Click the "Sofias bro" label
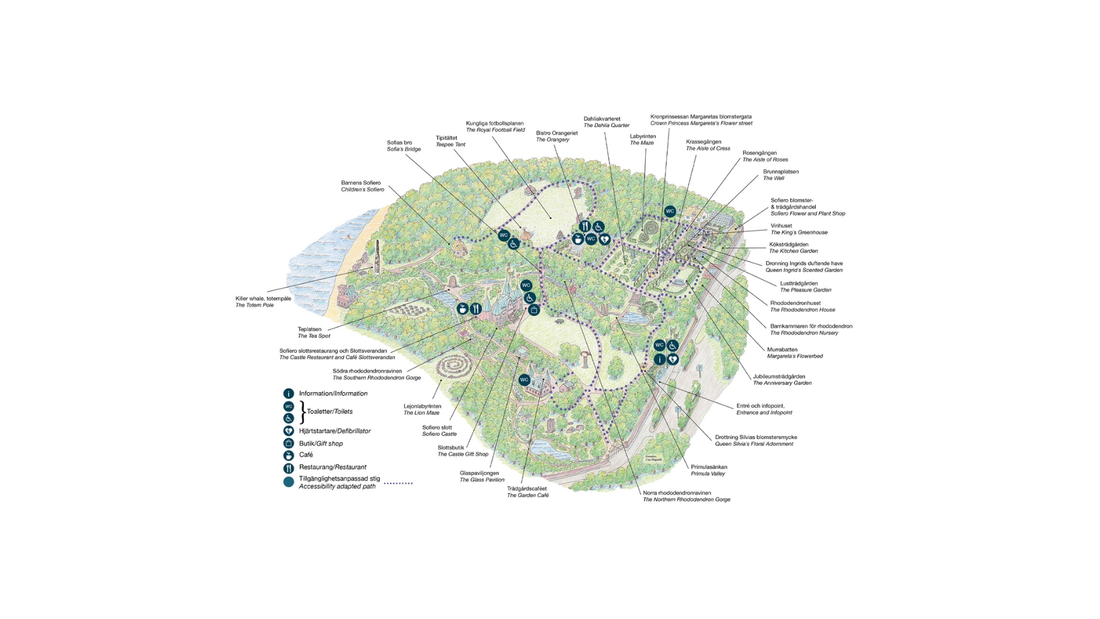pos(399,143)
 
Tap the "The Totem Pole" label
pos(254,305)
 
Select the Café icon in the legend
pos(289,455)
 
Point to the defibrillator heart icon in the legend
pos(289,431)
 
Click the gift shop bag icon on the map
pos(534,310)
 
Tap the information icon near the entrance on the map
pos(659,359)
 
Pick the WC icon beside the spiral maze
pos(670,211)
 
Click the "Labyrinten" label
pos(643,136)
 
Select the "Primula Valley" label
pos(708,474)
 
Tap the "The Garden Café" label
pos(528,495)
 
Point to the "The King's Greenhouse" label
pos(799,233)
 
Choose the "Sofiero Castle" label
pos(439,434)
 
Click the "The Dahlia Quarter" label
pos(606,126)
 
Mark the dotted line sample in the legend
pos(398,483)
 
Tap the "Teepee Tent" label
pos(450,144)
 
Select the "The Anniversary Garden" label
pos(782,383)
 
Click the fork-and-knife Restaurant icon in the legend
pos(289,468)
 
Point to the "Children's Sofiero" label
pos(363,190)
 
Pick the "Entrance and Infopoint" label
pos(764,413)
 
